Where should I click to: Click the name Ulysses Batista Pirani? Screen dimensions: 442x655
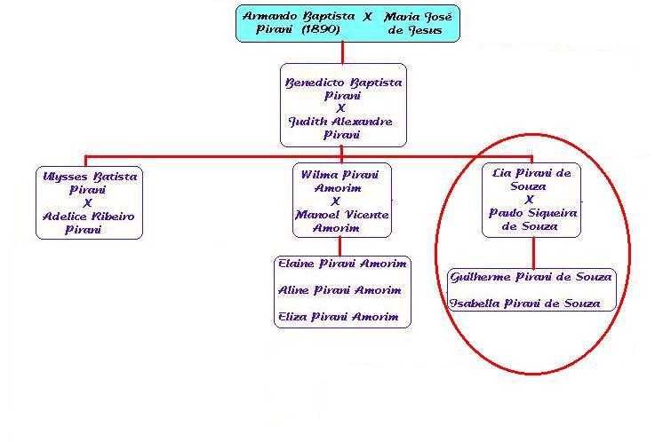pyautogui.click(x=89, y=183)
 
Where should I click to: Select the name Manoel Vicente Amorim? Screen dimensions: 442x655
pyautogui.click(x=342, y=221)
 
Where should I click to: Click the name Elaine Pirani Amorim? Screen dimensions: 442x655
pyautogui.click(x=342, y=264)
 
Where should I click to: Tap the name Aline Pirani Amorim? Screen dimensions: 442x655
pyautogui.click(x=339, y=290)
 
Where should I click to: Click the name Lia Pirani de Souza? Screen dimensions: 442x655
pyautogui.click(x=531, y=180)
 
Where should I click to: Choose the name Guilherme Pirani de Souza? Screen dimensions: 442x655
pyautogui.click(x=531, y=277)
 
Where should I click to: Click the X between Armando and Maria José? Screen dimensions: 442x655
pyautogui.click(x=367, y=17)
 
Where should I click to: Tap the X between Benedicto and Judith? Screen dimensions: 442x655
pyautogui.click(x=342, y=107)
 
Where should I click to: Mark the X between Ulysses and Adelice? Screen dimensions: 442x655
pyautogui.click(x=88, y=203)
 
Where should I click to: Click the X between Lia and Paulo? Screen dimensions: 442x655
pyautogui.click(x=531, y=200)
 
